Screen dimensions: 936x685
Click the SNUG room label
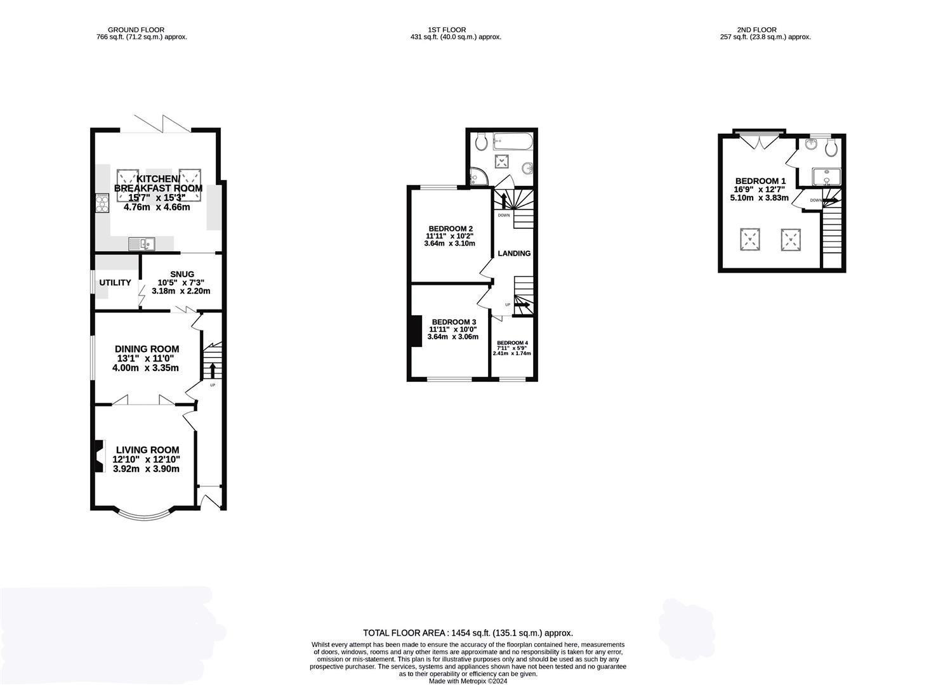[181, 274]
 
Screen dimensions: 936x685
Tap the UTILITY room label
[115, 283]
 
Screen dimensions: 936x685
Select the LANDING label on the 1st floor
[514, 253]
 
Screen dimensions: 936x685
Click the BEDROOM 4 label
[512, 342]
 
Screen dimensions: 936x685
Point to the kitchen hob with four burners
[102, 204]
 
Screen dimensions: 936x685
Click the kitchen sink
[142, 244]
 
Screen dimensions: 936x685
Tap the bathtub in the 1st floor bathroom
[513, 141]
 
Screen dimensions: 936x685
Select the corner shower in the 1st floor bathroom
[477, 176]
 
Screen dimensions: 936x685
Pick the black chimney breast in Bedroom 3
[416, 331]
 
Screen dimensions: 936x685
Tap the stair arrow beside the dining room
[213, 370]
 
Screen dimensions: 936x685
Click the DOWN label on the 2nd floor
[815, 200]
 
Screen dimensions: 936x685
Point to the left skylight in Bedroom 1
[749, 239]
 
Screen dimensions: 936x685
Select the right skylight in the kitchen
[190, 180]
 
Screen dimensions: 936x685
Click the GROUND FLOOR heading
[136, 30]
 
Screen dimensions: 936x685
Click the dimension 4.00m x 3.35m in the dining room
[145, 368]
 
